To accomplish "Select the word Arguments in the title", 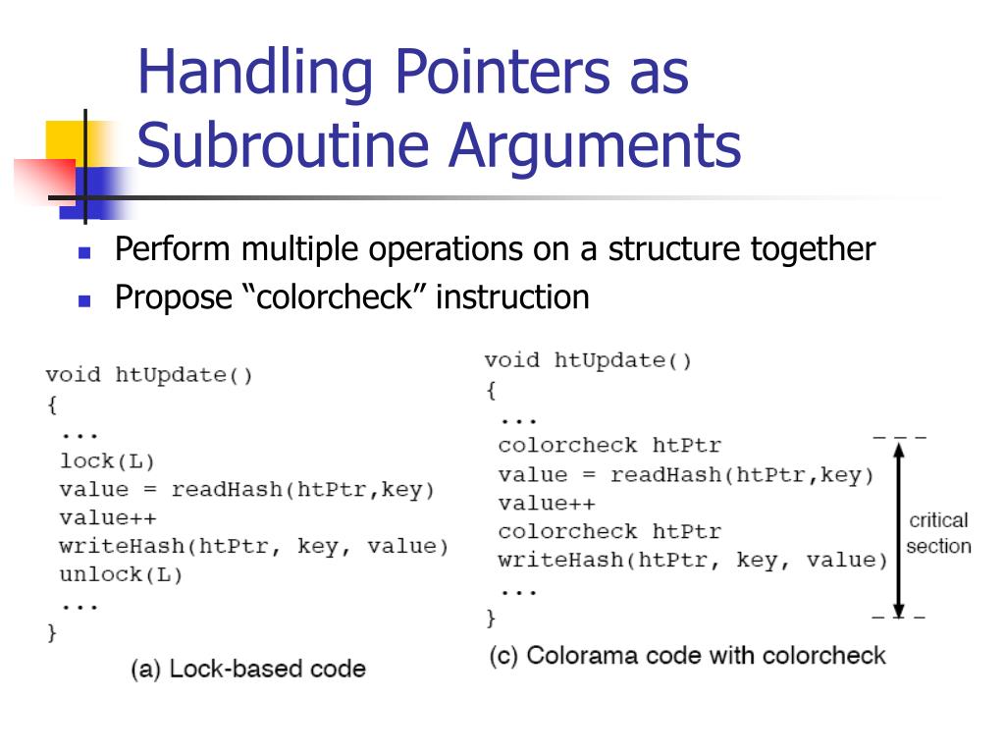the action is click(x=594, y=145).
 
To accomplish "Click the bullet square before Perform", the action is click(x=84, y=252).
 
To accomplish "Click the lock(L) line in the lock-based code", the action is click(x=107, y=460).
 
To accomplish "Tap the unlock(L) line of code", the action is click(x=121, y=574).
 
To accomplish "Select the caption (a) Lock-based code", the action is click(x=248, y=670).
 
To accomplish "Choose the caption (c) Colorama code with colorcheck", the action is click(x=687, y=656).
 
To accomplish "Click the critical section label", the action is click(x=938, y=533).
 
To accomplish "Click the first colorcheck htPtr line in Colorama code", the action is click(x=608, y=446).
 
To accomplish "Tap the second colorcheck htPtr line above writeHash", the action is click(x=608, y=532).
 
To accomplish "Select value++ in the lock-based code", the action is click(x=107, y=517).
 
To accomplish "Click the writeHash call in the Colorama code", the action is click(x=692, y=561).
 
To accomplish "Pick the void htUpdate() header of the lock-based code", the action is click(x=148, y=375).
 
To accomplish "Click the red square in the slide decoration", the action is click(x=44, y=181).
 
